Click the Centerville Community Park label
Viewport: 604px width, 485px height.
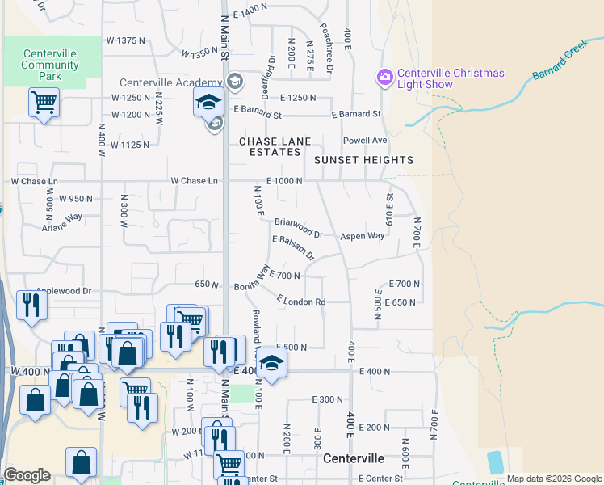point(50,65)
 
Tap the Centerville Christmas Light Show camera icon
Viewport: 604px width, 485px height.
point(385,78)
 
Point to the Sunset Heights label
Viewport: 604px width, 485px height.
point(364,160)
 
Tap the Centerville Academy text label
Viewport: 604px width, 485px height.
point(170,82)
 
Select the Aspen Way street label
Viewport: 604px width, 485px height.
point(362,236)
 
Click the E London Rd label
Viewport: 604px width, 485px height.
point(300,301)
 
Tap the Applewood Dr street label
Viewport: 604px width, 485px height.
point(64,289)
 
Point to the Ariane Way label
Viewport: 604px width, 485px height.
point(63,222)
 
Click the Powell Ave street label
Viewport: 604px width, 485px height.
point(365,140)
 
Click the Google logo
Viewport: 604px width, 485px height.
point(27,475)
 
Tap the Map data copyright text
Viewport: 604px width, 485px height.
point(553,479)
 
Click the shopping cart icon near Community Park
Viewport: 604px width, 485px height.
point(44,103)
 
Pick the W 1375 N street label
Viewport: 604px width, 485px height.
point(130,40)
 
